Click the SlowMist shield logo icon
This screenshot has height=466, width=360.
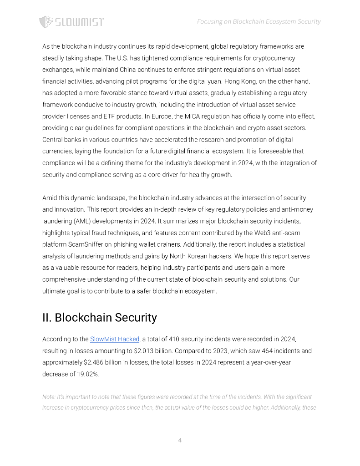pos(46,22)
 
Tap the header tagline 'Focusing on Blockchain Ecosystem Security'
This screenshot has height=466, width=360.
pos(259,21)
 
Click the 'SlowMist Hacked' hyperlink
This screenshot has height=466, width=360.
pos(114,339)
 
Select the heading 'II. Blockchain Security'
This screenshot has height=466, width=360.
pos(99,318)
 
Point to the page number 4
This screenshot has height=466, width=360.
pos(180,440)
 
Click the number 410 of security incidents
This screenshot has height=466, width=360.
pos(175,339)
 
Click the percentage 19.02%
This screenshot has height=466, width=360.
pos(87,374)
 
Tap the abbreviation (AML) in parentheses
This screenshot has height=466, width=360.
pos(81,221)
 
